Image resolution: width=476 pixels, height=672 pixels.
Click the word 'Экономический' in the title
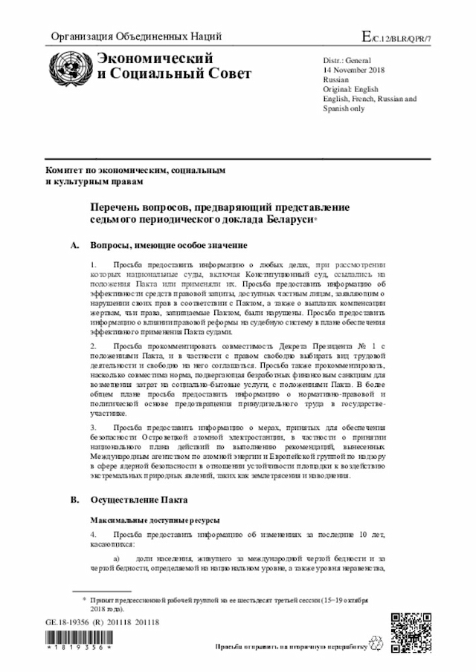146,59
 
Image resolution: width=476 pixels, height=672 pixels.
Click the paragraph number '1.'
93,264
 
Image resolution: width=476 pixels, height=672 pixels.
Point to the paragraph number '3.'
93,428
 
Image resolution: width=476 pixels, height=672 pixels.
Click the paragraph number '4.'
93,534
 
